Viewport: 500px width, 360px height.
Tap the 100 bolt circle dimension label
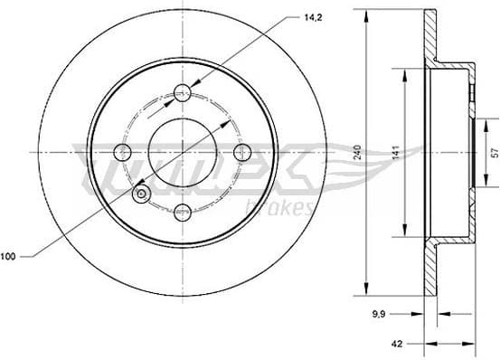coord(8,258)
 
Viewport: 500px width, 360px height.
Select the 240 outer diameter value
coord(359,153)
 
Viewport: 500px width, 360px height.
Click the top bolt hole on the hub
coord(183,91)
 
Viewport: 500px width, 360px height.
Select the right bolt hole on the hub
coord(242,153)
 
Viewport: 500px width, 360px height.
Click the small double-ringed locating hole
coord(140,194)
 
